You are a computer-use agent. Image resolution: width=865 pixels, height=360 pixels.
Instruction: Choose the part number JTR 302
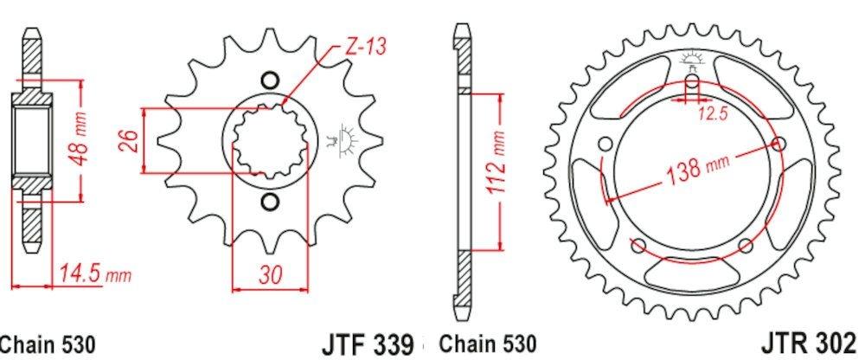click(x=813, y=341)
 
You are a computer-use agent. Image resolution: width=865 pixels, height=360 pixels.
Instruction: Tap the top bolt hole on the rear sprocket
click(x=692, y=83)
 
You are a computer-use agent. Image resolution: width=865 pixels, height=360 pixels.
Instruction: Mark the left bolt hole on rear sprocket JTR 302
click(x=605, y=143)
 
